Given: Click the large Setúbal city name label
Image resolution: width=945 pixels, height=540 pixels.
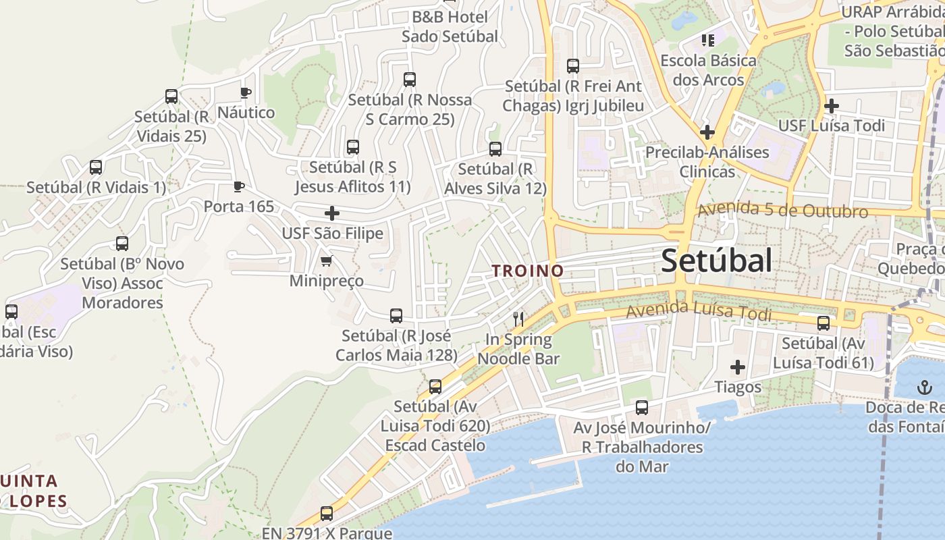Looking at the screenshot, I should [716, 261].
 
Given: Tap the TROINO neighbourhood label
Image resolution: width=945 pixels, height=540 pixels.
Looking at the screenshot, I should [527, 271].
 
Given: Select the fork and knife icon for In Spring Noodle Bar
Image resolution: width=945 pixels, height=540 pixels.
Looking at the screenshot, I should [518, 319].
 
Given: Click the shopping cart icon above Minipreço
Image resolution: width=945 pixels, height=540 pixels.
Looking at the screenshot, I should [327, 261].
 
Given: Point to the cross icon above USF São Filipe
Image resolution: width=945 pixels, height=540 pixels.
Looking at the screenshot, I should [332, 213].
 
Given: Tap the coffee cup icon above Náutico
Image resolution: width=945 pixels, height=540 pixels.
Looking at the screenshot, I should [246, 92].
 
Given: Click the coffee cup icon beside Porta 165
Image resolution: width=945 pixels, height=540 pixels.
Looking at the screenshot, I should [238, 186].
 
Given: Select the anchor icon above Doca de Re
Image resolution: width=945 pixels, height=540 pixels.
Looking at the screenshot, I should [923, 388].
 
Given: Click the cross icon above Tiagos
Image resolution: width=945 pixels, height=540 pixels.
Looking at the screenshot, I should [738, 367].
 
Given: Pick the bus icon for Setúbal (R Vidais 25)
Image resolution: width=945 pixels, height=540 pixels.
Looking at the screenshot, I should [171, 97].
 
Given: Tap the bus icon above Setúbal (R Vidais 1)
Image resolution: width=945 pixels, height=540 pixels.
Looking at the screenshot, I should [96, 167].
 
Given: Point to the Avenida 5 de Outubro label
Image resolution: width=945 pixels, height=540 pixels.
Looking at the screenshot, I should [782, 211].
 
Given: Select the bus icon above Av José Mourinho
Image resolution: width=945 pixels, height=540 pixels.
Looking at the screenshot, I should [641, 408].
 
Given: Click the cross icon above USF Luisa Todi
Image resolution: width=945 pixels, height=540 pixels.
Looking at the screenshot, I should [832, 106].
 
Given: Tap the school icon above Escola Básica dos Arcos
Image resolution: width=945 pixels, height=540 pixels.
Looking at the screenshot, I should [707, 40].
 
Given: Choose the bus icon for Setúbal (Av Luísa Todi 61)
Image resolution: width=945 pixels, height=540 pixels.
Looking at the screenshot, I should [823, 323].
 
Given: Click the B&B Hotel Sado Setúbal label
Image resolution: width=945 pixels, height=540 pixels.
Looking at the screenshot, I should [450, 26].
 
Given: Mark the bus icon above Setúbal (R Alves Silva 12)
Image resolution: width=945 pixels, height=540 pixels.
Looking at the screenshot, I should [495, 149].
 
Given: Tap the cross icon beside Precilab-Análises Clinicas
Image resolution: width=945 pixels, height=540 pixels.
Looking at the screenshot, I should [707, 132].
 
